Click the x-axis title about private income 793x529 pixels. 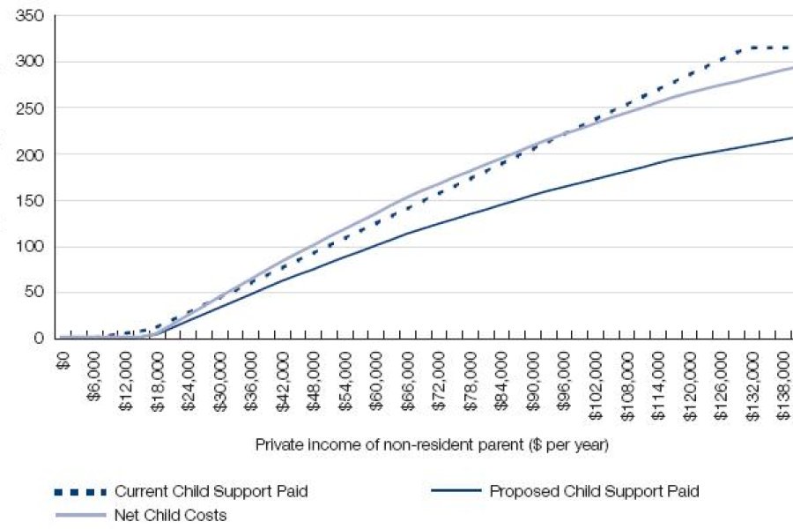432,445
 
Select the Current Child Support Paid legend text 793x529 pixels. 211,491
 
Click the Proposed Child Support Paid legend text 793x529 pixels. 594,491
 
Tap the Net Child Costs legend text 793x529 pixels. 170,515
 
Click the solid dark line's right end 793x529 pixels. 790,138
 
